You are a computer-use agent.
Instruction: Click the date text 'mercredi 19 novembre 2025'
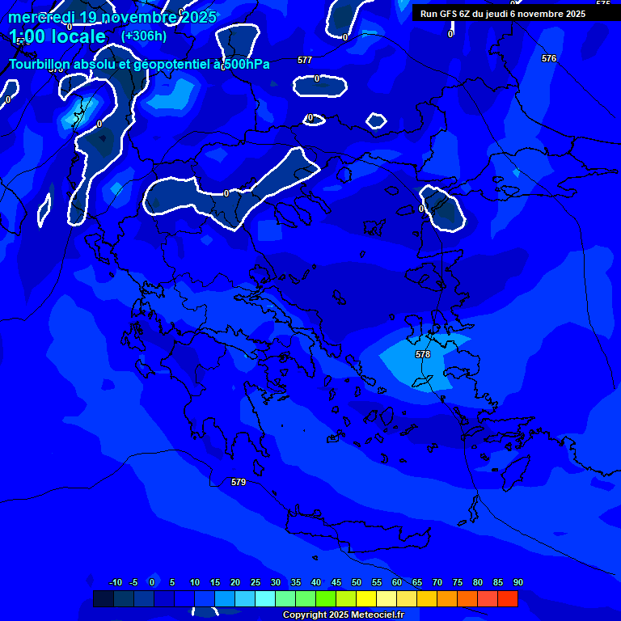pos(112,17)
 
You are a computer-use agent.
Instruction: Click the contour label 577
pos(304,61)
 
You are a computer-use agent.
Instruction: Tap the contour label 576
pos(549,59)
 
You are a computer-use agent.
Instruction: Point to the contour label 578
pos(423,355)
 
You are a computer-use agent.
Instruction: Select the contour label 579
pos(238,482)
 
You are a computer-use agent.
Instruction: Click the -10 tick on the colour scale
pos(115,583)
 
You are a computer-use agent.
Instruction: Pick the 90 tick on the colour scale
pos(517,583)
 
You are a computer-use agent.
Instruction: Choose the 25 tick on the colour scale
pos(255,583)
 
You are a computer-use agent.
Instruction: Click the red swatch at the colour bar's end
pos(507,598)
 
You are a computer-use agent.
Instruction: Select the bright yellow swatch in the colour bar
pos(365,598)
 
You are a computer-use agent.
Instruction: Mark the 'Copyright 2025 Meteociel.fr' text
pos(343,615)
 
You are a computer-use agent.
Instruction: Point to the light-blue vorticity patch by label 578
pos(412,360)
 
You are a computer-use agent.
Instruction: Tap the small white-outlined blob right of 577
pos(319,84)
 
